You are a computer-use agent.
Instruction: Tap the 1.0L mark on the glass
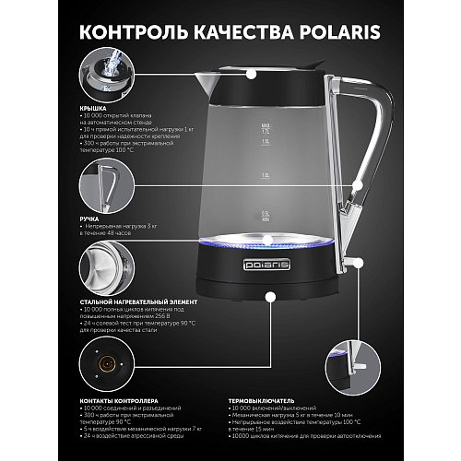click(x=266, y=173)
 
